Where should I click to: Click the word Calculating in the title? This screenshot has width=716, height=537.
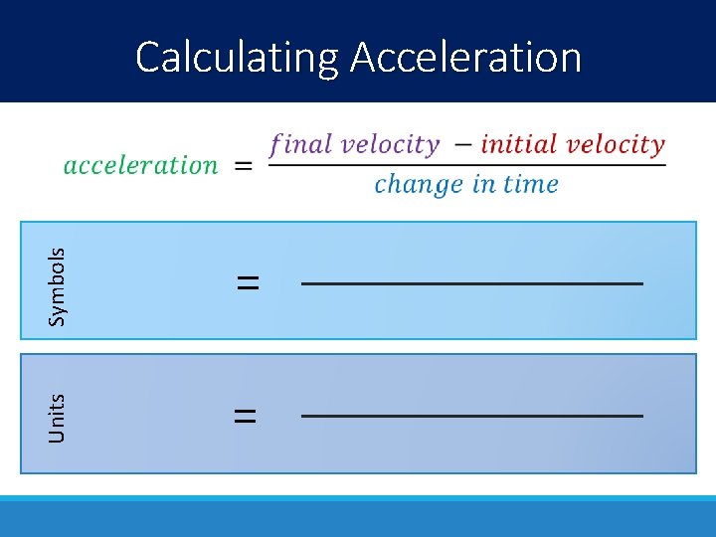pyautogui.click(x=238, y=58)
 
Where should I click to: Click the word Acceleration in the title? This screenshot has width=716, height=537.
pyautogui.click(x=465, y=58)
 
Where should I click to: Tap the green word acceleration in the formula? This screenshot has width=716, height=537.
pyautogui.click(x=140, y=165)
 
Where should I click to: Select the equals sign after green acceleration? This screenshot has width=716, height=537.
pyautogui.click(x=243, y=166)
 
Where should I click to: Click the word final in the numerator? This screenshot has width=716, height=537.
pyautogui.click(x=300, y=144)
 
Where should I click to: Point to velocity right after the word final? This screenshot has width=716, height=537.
pyautogui.click(x=390, y=144)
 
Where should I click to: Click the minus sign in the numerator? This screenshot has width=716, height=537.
pyautogui.click(x=462, y=145)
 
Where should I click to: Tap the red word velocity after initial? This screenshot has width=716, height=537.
pyautogui.click(x=618, y=144)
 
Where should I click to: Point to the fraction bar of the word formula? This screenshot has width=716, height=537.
pyautogui.click(x=467, y=164)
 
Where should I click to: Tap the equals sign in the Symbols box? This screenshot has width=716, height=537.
pyautogui.click(x=248, y=283)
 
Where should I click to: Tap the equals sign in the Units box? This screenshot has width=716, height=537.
pyautogui.click(x=245, y=415)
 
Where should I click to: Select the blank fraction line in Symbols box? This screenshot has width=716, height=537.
pyautogui.click(x=472, y=284)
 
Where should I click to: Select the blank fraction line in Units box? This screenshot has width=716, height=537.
pyautogui.click(x=472, y=416)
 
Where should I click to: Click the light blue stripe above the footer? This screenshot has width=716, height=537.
pyautogui.click(x=358, y=497)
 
